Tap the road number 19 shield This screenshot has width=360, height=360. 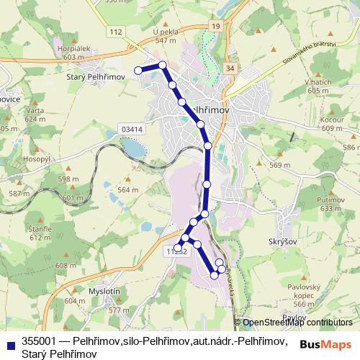click(215, 26)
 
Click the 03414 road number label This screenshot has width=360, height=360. click(133, 129)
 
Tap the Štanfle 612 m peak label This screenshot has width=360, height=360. click(40, 232)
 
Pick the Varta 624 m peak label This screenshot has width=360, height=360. click(35, 114)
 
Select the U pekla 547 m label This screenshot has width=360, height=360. click(165, 36)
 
